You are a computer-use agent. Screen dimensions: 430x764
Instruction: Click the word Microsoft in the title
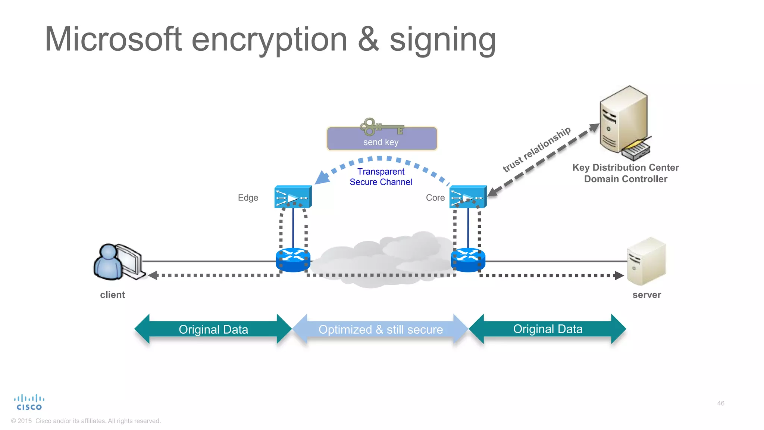pyautogui.click(x=113, y=40)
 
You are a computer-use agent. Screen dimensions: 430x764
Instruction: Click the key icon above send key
pyautogui.click(x=381, y=127)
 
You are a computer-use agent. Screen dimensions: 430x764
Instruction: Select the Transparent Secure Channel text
pyautogui.click(x=381, y=177)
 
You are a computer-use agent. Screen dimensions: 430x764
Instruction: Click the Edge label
pyautogui.click(x=248, y=198)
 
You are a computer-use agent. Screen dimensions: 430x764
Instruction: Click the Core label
pyautogui.click(x=435, y=198)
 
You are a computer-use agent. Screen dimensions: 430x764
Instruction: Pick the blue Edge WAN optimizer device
pyautogui.click(x=293, y=197)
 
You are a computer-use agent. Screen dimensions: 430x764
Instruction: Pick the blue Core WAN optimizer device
pyautogui.click(x=468, y=197)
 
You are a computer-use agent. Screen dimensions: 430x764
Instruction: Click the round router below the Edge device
pyautogui.click(x=293, y=260)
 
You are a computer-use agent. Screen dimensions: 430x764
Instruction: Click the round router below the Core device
pyautogui.click(x=468, y=260)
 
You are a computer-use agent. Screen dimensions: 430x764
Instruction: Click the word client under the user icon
pyautogui.click(x=112, y=295)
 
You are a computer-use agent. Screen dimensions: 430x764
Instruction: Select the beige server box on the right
pyautogui.click(x=646, y=261)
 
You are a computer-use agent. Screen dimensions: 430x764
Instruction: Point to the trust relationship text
pyautogui.click(x=537, y=149)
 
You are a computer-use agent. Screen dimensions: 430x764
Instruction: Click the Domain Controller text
pyautogui.click(x=626, y=179)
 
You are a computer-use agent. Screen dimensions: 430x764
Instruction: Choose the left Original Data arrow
pyautogui.click(x=213, y=329)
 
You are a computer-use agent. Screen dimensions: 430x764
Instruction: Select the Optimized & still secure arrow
pyautogui.click(x=381, y=329)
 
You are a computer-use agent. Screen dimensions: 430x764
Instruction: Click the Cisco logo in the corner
pyautogui.click(x=29, y=402)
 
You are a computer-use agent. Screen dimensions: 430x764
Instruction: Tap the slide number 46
pyautogui.click(x=720, y=403)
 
